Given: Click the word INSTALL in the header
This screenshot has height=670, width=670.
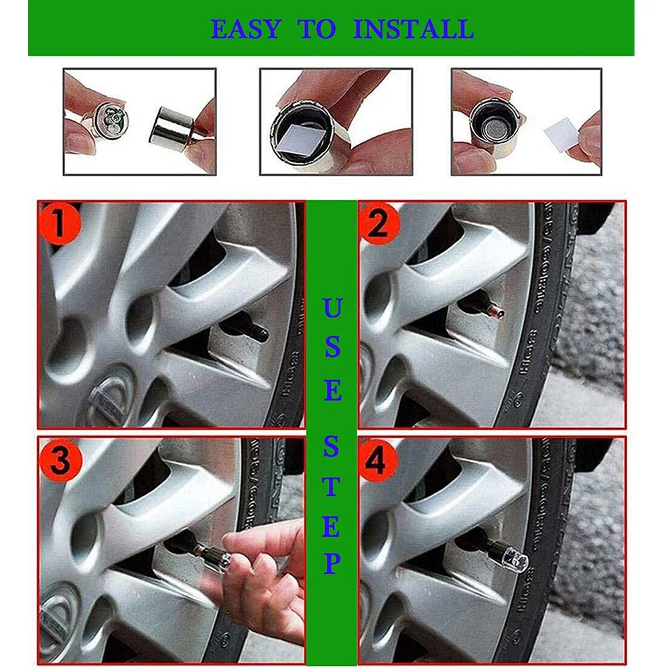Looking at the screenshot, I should click(413, 29).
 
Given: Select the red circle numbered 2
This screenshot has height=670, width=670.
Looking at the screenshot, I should click(379, 224).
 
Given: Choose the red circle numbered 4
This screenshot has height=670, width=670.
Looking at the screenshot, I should click(379, 460).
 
